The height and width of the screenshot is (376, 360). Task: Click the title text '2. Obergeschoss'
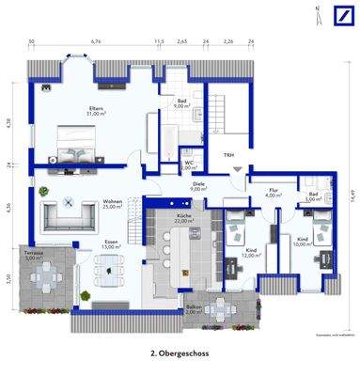pos(180,355)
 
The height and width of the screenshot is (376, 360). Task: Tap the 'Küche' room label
pos(183,217)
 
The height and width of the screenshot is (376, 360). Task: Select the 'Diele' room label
pos(198,185)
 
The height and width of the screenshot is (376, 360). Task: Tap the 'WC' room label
pos(189,164)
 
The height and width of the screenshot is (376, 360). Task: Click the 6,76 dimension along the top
pos(94,41)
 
